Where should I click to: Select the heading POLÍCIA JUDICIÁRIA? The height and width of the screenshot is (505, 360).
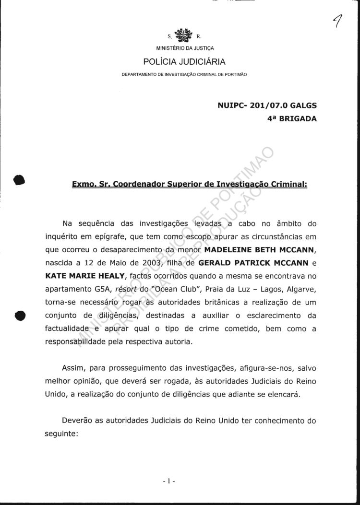(184, 61)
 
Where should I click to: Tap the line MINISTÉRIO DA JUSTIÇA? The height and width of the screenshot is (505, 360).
(185, 48)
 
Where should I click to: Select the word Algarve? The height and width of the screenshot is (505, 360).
(302, 290)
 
